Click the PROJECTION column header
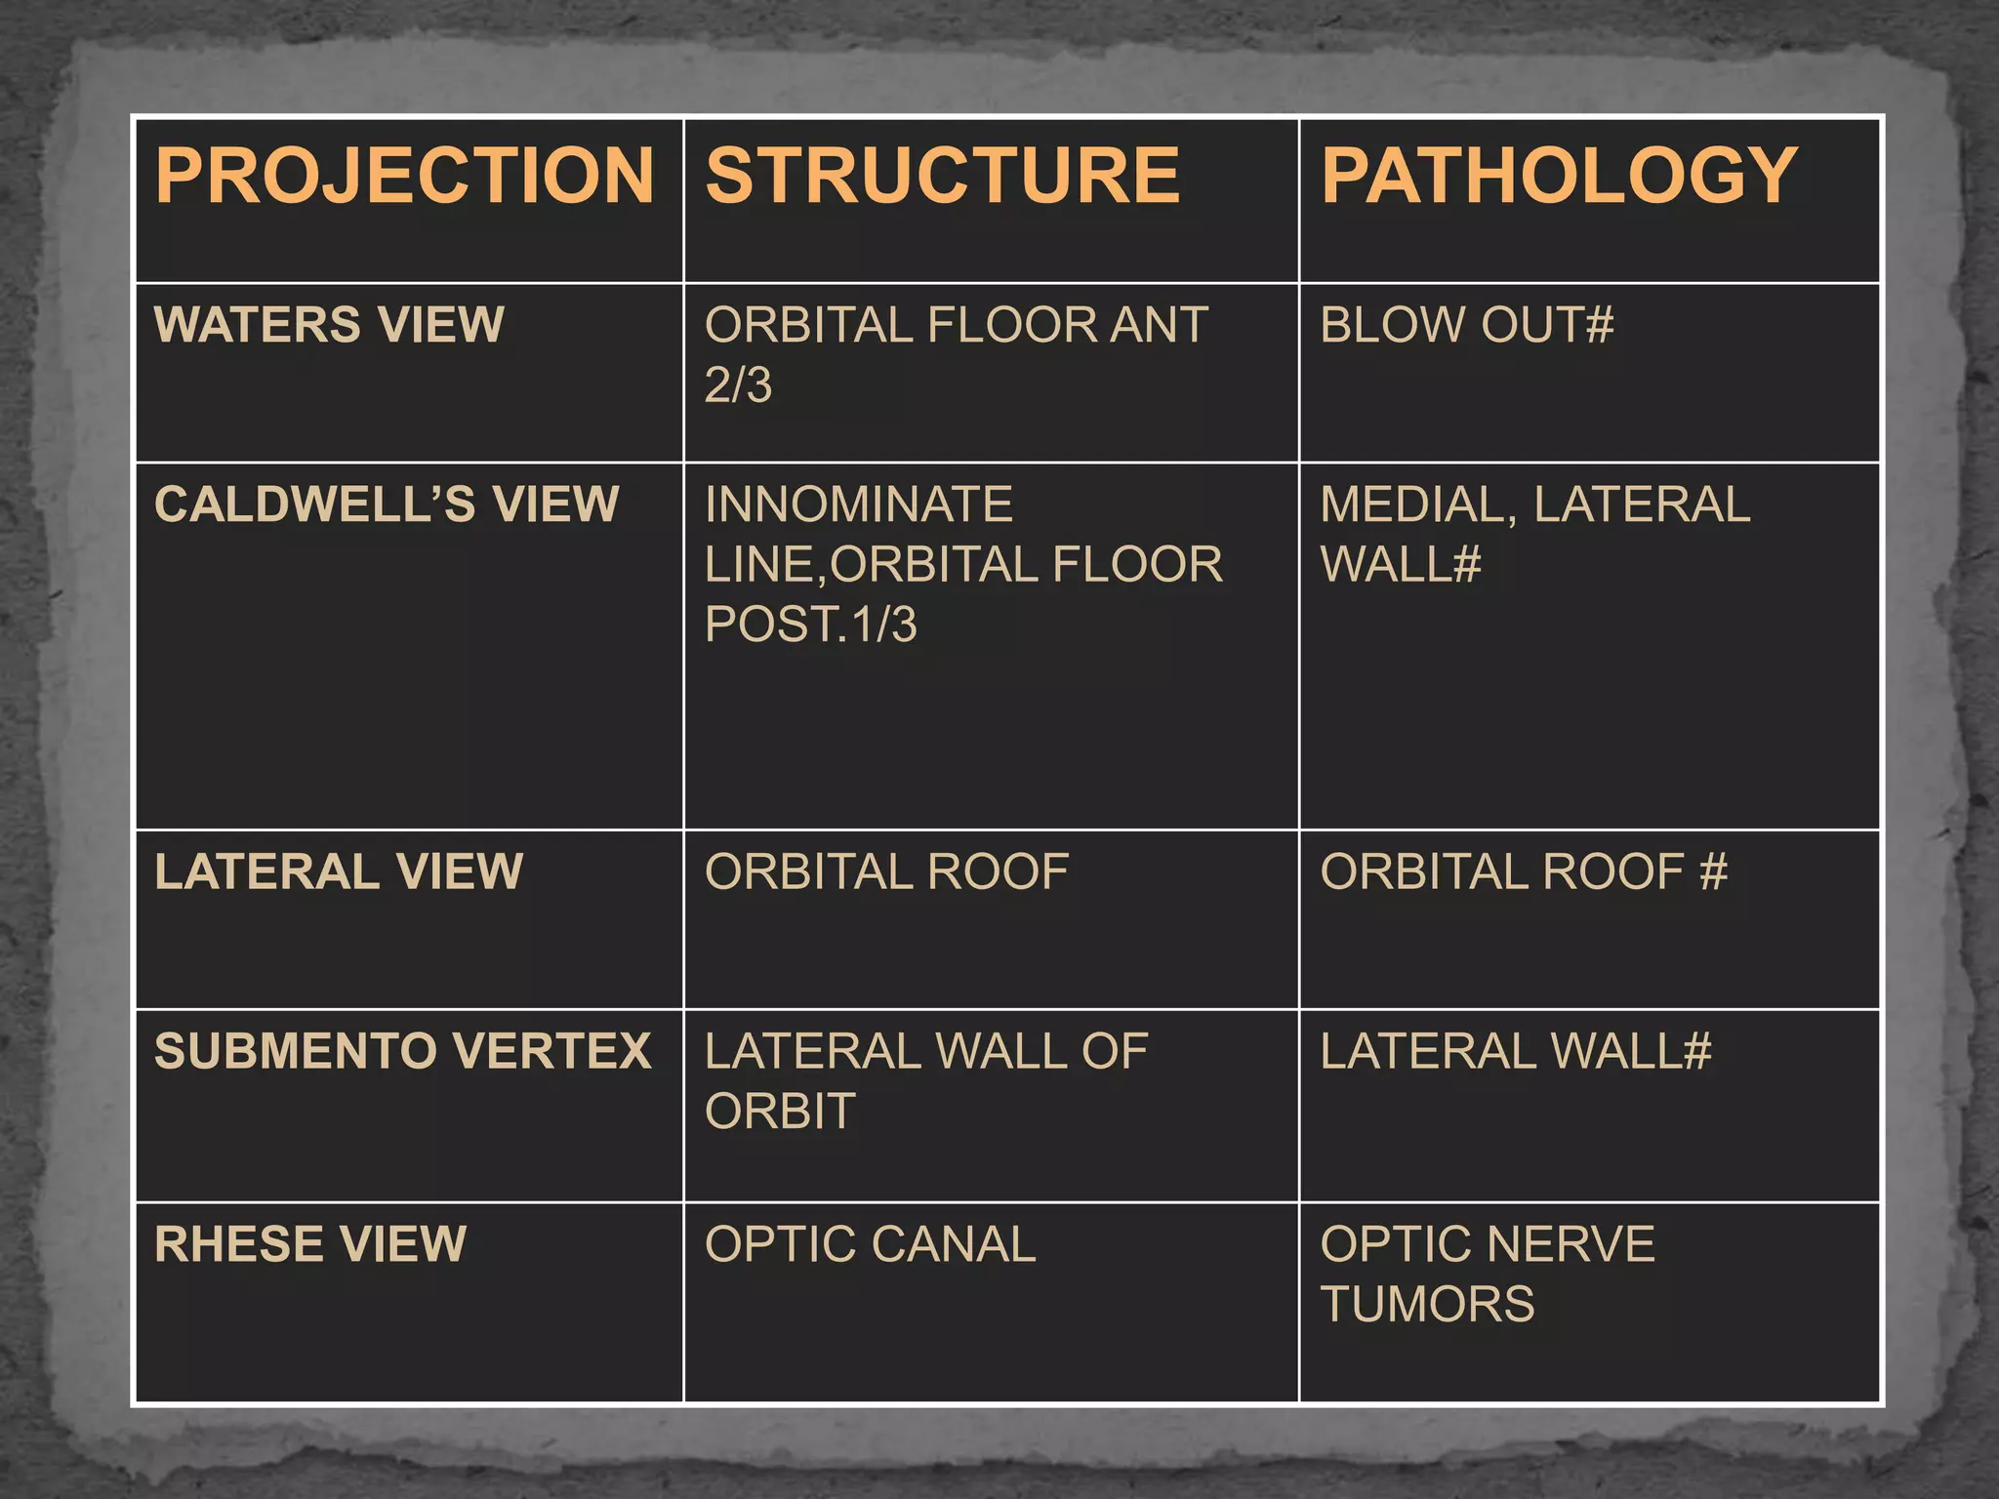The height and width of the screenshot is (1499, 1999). point(404,176)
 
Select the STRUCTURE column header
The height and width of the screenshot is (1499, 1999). point(943,176)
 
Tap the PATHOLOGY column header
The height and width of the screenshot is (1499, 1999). point(1559,176)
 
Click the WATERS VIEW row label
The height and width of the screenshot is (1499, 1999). point(329,325)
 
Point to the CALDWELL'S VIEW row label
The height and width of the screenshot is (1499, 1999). point(387,505)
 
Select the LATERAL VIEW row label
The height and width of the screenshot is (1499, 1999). point(339,871)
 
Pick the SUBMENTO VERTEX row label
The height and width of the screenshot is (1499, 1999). point(402,1051)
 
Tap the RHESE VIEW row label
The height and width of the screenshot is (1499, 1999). point(310,1244)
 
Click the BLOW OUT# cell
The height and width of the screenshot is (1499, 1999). point(1466,325)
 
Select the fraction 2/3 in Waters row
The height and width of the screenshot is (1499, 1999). point(738,385)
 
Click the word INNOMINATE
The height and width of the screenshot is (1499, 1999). point(859,505)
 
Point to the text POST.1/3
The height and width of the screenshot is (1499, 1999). point(810,625)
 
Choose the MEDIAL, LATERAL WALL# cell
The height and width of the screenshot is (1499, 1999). point(1534,534)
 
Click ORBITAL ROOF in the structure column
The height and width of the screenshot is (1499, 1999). point(886,871)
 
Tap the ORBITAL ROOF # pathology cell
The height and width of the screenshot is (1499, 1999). point(1523,871)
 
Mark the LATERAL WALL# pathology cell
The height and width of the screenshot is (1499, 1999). point(1515,1051)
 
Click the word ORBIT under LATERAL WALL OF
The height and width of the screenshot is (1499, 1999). point(780,1112)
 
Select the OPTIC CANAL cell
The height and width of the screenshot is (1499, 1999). point(870,1244)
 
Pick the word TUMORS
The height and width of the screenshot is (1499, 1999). point(1427,1305)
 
